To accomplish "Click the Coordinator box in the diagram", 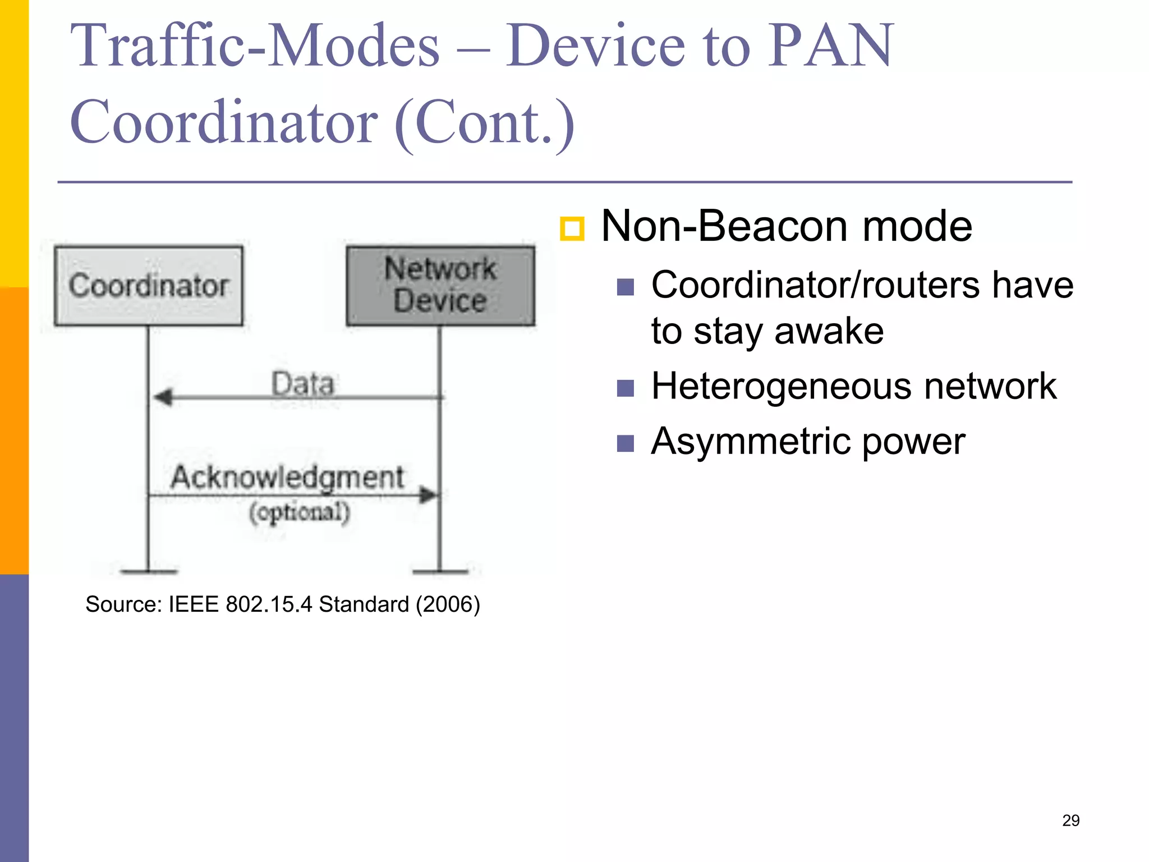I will pyautogui.click(x=149, y=286).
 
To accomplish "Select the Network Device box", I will pyautogui.click(x=440, y=286).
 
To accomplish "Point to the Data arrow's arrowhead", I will pyautogui.click(x=163, y=397).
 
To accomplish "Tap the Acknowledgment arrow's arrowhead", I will pyautogui.click(x=428, y=495).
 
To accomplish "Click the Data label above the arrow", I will pyautogui.click(x=303, y=384).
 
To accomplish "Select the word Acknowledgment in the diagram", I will pyautogui.click(x=287, y=477).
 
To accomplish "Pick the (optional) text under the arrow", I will pyautogui.click(x=300, y=512).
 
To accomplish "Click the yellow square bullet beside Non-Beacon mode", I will pyautogui.click(x=572, y=229).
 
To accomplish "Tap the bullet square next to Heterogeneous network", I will pyautogui.click(x=625, y=388).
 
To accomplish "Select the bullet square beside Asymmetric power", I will pyautogui.click(x=625, y=443).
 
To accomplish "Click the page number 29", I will pyautogui.click(x=1071, y=820).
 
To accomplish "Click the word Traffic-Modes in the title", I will pyautogui.click(x=255, y=46).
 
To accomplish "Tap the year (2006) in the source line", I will pyautogui.click(x=448, y=604).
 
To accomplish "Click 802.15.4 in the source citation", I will pyautogui.click(x=269, y=604).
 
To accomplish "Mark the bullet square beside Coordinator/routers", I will pyautogui.click(x=625, y=287).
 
